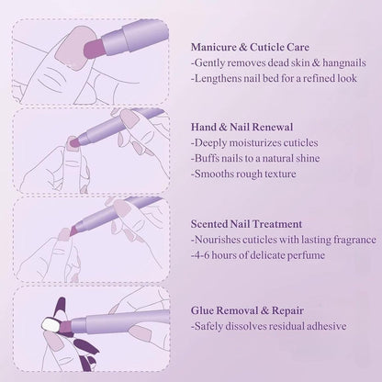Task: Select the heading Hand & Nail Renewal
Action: (x=247, y=129)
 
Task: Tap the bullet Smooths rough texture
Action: (x=243, y=174)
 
